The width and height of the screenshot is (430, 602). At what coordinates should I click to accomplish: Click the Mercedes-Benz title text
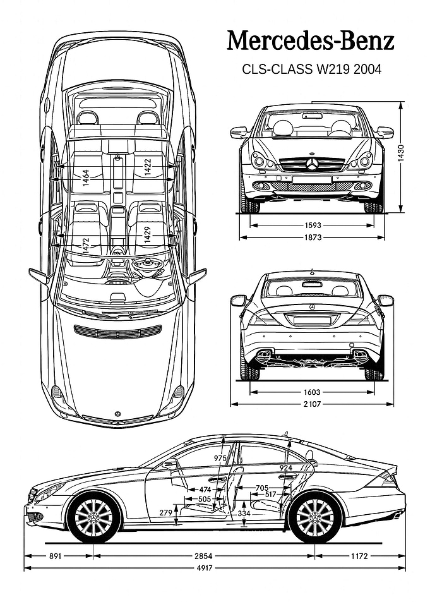(311, 42)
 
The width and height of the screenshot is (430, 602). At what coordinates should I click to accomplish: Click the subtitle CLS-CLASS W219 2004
(311, 69)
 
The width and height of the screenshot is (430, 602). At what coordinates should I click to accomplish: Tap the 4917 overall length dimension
(204, 568)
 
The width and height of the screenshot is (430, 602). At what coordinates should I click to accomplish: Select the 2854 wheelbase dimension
(203, 555)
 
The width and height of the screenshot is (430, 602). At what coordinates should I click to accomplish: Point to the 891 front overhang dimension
(56, 555)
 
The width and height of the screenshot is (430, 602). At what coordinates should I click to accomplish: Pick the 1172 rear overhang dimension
(359, 555)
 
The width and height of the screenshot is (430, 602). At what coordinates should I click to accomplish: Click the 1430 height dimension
(401, 154)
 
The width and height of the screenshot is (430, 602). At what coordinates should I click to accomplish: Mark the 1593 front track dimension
(313, 226)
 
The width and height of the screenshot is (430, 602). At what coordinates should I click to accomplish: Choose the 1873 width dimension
(313, 238)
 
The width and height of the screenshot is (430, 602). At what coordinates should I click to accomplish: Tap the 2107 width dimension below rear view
(312, 404)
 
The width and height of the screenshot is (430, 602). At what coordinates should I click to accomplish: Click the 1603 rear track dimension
(312, 392)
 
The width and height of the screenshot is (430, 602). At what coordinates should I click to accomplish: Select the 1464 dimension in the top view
(86, 178)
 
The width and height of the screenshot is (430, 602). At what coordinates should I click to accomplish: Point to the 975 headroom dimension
(220, 458)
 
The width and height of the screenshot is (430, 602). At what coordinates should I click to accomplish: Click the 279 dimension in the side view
(166, 512)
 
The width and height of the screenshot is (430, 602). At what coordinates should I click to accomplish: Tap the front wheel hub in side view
(93, 518)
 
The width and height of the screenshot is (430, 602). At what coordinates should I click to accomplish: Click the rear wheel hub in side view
(315, 518)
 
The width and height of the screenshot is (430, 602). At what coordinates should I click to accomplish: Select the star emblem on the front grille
(312, 165)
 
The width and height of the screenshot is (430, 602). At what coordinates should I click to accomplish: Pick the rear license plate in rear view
(312, 320)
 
